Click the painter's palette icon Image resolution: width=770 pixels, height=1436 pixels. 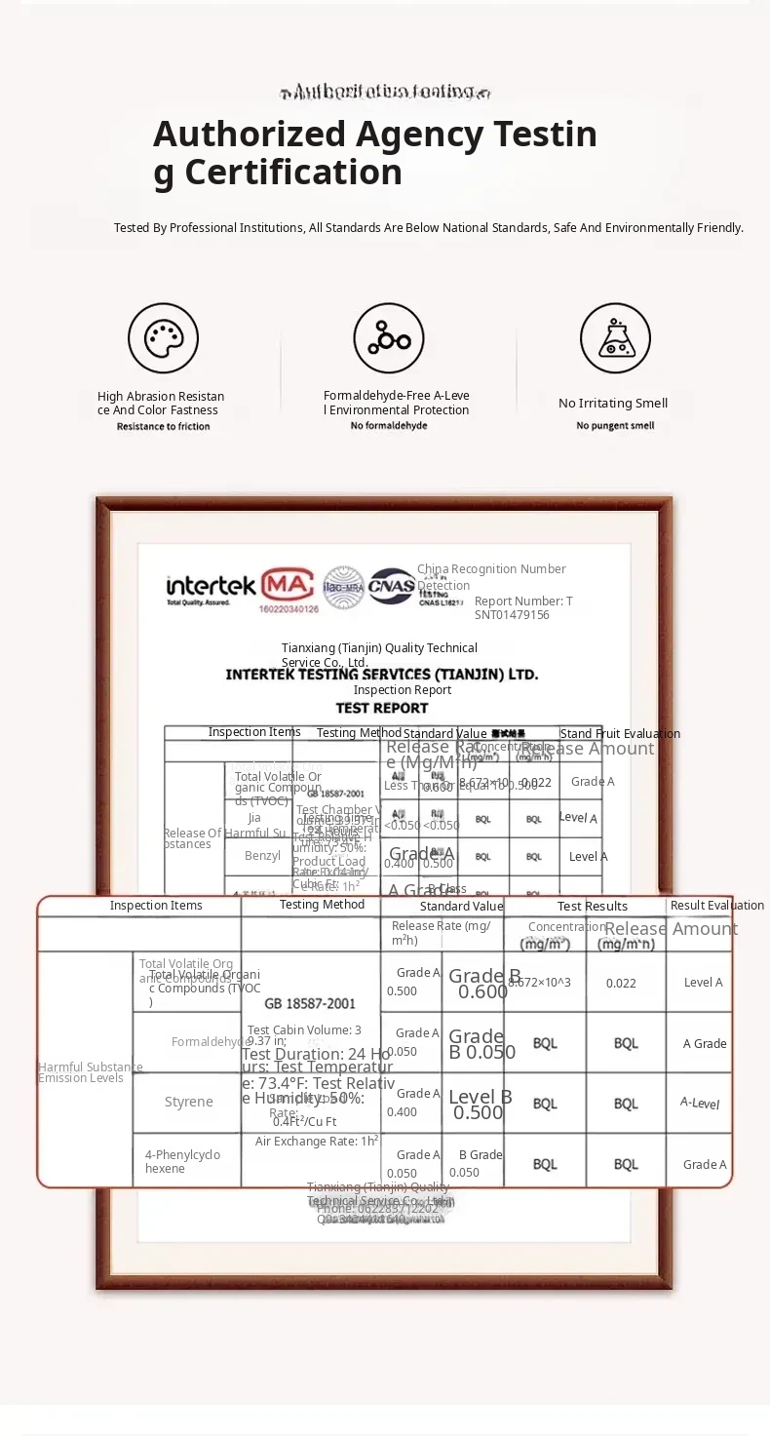point(163,338)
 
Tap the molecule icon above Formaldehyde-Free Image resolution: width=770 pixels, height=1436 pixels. point(389,338)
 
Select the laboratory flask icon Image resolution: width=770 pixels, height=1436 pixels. point(615,338)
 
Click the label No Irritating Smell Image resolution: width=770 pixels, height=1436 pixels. point(613,404)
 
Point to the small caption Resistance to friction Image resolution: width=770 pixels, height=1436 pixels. point(163,427)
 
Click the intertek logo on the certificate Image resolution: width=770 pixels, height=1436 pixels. point(211,587)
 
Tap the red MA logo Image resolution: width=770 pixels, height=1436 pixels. point(288,584)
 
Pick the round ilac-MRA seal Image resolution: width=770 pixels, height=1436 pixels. point(343,586)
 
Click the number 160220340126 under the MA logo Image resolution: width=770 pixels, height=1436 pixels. point(289,609)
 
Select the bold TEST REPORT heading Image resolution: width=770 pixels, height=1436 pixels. point(382,709)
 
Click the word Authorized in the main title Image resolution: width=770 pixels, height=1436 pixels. point(250,134)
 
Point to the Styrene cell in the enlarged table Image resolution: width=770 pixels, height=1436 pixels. point(188,1103)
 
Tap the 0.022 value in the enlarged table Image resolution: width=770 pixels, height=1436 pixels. point(621,984)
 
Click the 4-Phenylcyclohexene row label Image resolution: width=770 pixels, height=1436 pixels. point(182,1162)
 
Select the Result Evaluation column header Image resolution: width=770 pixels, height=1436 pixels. point(716,907)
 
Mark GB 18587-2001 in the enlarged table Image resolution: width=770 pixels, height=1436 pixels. point(310,1004)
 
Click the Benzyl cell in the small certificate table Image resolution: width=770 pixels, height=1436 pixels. point(262,857)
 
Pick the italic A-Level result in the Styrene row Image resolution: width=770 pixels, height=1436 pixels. point(700,1104)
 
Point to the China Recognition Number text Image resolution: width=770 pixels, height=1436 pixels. point(491,569)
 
